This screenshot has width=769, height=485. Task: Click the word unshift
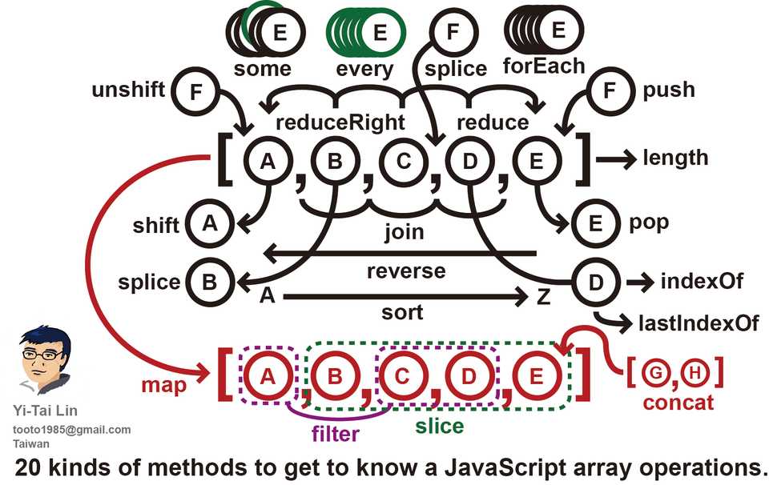click(129, 90)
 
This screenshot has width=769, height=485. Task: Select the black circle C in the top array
click(402, 162)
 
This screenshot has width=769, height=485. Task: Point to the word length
click(675, 158)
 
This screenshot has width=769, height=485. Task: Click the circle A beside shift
click(209, 223)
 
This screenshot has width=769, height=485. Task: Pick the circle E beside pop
click(594, 223)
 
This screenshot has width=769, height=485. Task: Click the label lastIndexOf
click(698, 323)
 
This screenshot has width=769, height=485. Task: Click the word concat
click(678, 402)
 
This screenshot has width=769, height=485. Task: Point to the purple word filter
click(335, 434)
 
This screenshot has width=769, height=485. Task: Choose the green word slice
click(440, 425)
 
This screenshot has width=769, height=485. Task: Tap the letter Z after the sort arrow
click(543, 298)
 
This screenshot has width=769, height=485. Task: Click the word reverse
click(406, 271)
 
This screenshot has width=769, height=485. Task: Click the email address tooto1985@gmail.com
click(71, 430)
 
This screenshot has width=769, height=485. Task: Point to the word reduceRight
click(340, 123)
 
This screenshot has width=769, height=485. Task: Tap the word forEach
click(544, 66)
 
